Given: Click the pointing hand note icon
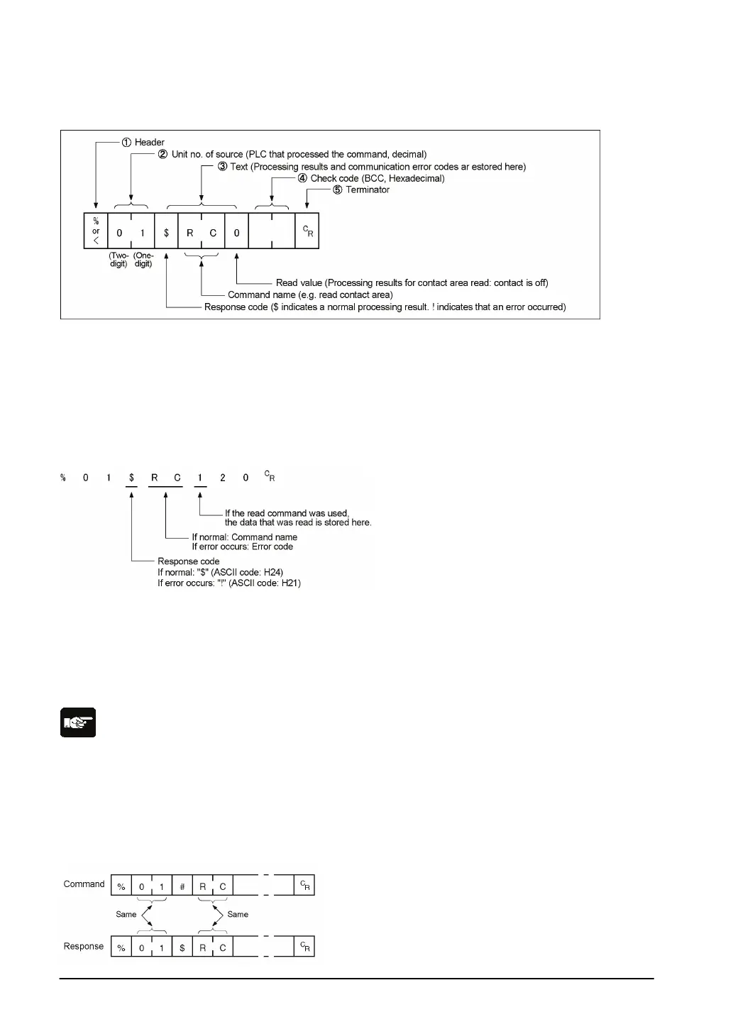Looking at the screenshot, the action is (77, 723).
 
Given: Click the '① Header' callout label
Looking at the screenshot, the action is (143, 142).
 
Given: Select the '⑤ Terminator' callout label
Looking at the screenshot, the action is (361, 189).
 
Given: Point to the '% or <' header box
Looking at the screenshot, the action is (96, 231).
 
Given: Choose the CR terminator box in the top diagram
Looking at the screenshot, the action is (307, 231).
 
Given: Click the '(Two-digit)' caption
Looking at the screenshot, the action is (119, 260).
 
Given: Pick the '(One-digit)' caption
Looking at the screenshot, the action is (143, 260).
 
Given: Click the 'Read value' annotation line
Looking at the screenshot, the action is (412, 282).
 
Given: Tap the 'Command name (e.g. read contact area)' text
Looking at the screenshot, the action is (310, 295).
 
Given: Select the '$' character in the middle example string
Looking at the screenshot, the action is (131, 478).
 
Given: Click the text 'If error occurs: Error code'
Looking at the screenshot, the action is (242, 546).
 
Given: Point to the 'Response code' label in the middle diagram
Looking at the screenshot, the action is (188, 561).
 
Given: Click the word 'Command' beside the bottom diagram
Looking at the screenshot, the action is (84, 884).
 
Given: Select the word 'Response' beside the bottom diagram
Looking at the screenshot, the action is (84, 946).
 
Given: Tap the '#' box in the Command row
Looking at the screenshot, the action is (182, 886).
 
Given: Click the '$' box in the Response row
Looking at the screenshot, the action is (182, 947).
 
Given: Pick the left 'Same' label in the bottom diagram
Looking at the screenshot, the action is (126, 914).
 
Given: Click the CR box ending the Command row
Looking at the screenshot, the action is (304, 885).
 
